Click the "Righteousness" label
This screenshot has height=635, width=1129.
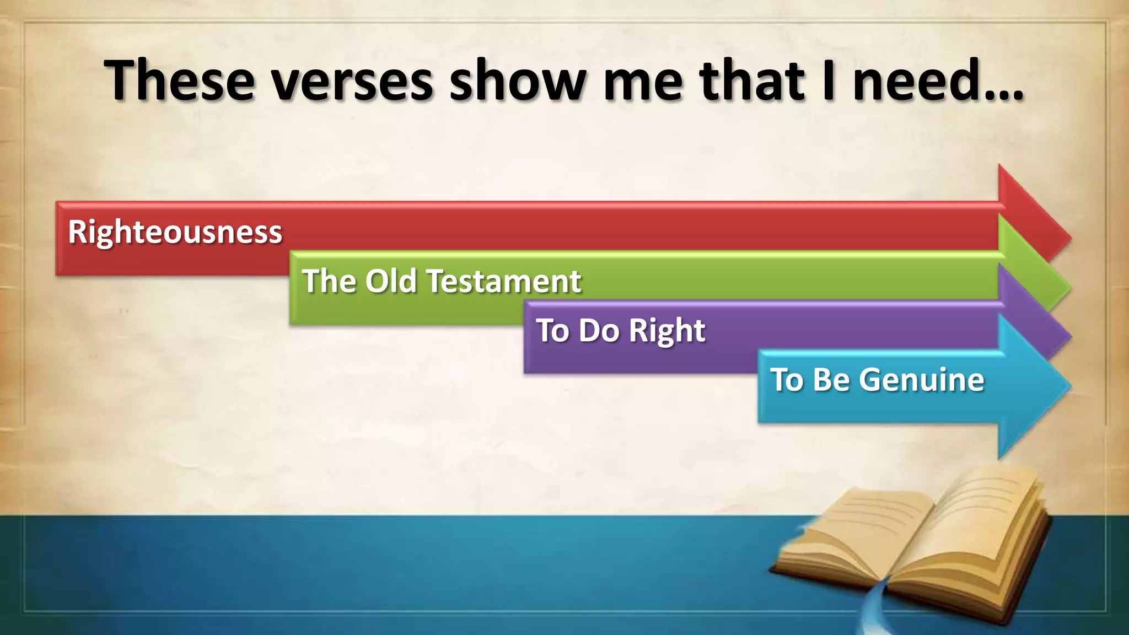[x=175, y=232]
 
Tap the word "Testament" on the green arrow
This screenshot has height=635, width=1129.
[x=504, y=281]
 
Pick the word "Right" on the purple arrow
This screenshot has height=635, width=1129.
[x=666, y=331]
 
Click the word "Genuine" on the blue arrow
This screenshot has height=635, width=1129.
[x=921, y=380]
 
